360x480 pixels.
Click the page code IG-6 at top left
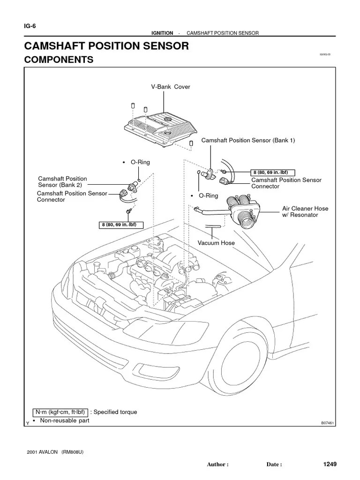click(x=30, y=26)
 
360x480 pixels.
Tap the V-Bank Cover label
click(x=170, y=87)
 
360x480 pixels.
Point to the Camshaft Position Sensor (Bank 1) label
click(x=248, y=141)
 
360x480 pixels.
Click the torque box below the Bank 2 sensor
click(x=121, y=225)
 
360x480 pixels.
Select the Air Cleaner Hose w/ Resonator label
click(x=305, y=211)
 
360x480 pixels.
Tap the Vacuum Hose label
click(x=216, y=243)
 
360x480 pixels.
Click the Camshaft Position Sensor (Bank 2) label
click(x=62, y=182)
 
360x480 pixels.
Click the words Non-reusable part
click(x=64, y=420)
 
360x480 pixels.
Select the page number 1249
click(x=330, y=464)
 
